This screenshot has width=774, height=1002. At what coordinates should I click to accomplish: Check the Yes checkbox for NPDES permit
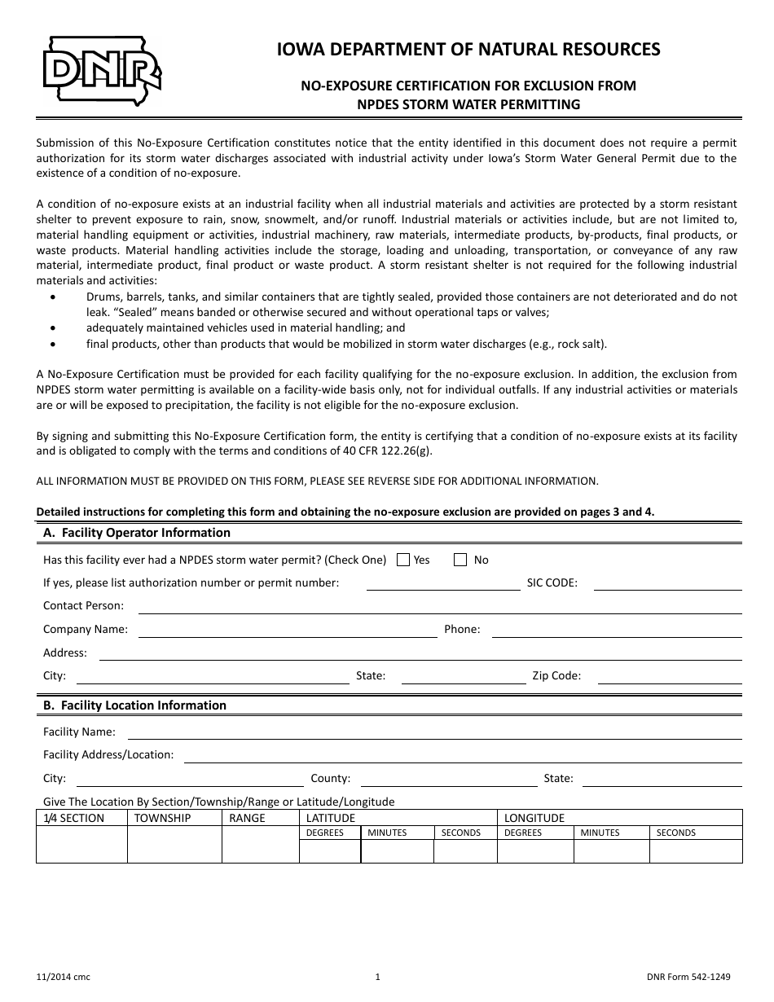pos(403,560)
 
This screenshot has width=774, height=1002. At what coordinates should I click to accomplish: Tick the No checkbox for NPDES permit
pos(460,560)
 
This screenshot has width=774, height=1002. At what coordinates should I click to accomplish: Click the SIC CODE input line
pos(667,583)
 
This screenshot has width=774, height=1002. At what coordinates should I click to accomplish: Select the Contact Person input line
pos(440,606)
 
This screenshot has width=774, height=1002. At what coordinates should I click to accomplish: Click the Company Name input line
pos(288,630)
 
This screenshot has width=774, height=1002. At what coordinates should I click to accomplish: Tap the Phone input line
pos(617,630)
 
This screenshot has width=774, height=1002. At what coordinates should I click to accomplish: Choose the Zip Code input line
pos(669,676)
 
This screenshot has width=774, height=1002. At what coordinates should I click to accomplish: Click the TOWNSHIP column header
pos(163,818)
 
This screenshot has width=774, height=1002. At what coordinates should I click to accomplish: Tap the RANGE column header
pos(247,818)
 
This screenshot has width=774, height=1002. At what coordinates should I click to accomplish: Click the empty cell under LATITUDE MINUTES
pos(397,850)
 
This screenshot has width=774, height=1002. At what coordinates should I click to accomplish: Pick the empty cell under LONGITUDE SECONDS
pos(695,850)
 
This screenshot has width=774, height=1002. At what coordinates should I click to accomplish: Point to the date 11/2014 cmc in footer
pos(64,978)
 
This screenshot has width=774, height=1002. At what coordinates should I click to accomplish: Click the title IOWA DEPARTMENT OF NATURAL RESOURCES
pos(468,50)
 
